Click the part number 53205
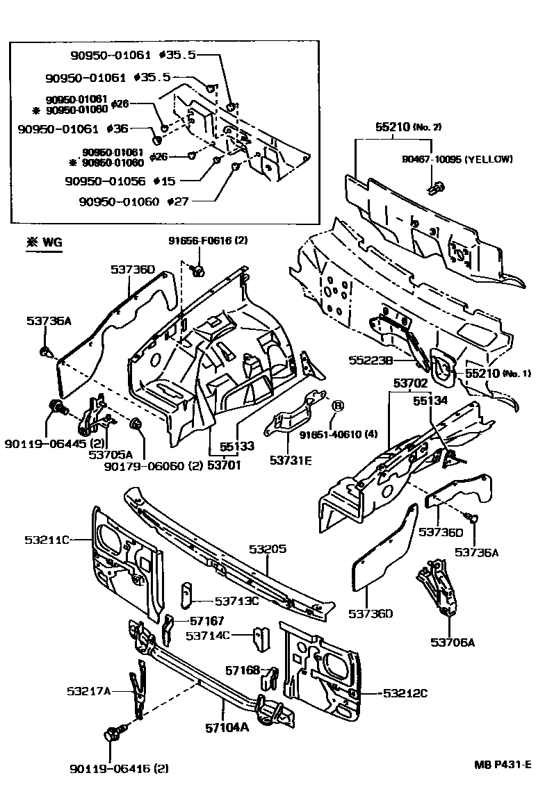(267, 549)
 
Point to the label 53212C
(405, 693)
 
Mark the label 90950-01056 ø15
(120, 181)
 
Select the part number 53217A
(89, 690)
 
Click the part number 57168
(243, 670)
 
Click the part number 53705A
(106, 455)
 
